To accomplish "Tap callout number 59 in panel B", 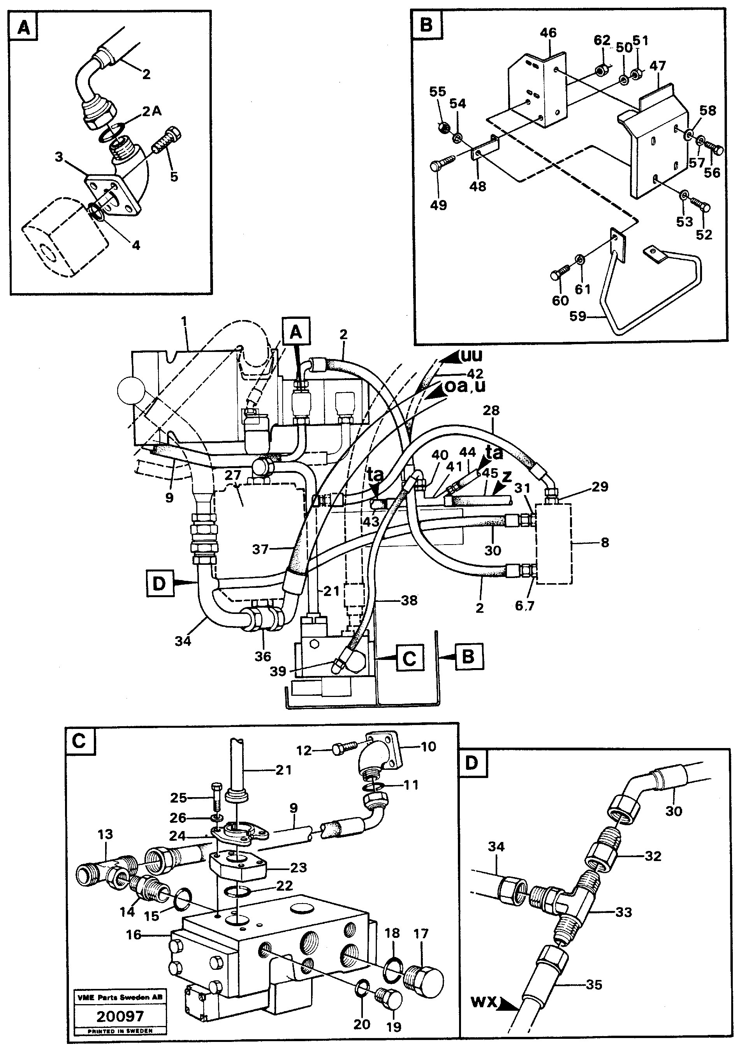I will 578,316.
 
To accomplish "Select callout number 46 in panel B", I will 549,33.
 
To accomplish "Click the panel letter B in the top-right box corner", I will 426,24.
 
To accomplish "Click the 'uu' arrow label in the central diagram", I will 472,355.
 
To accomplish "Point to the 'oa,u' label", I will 465,386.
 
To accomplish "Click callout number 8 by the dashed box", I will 604,543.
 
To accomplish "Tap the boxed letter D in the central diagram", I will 158,583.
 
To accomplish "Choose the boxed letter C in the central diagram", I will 410,658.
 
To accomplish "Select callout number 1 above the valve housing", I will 184,322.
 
